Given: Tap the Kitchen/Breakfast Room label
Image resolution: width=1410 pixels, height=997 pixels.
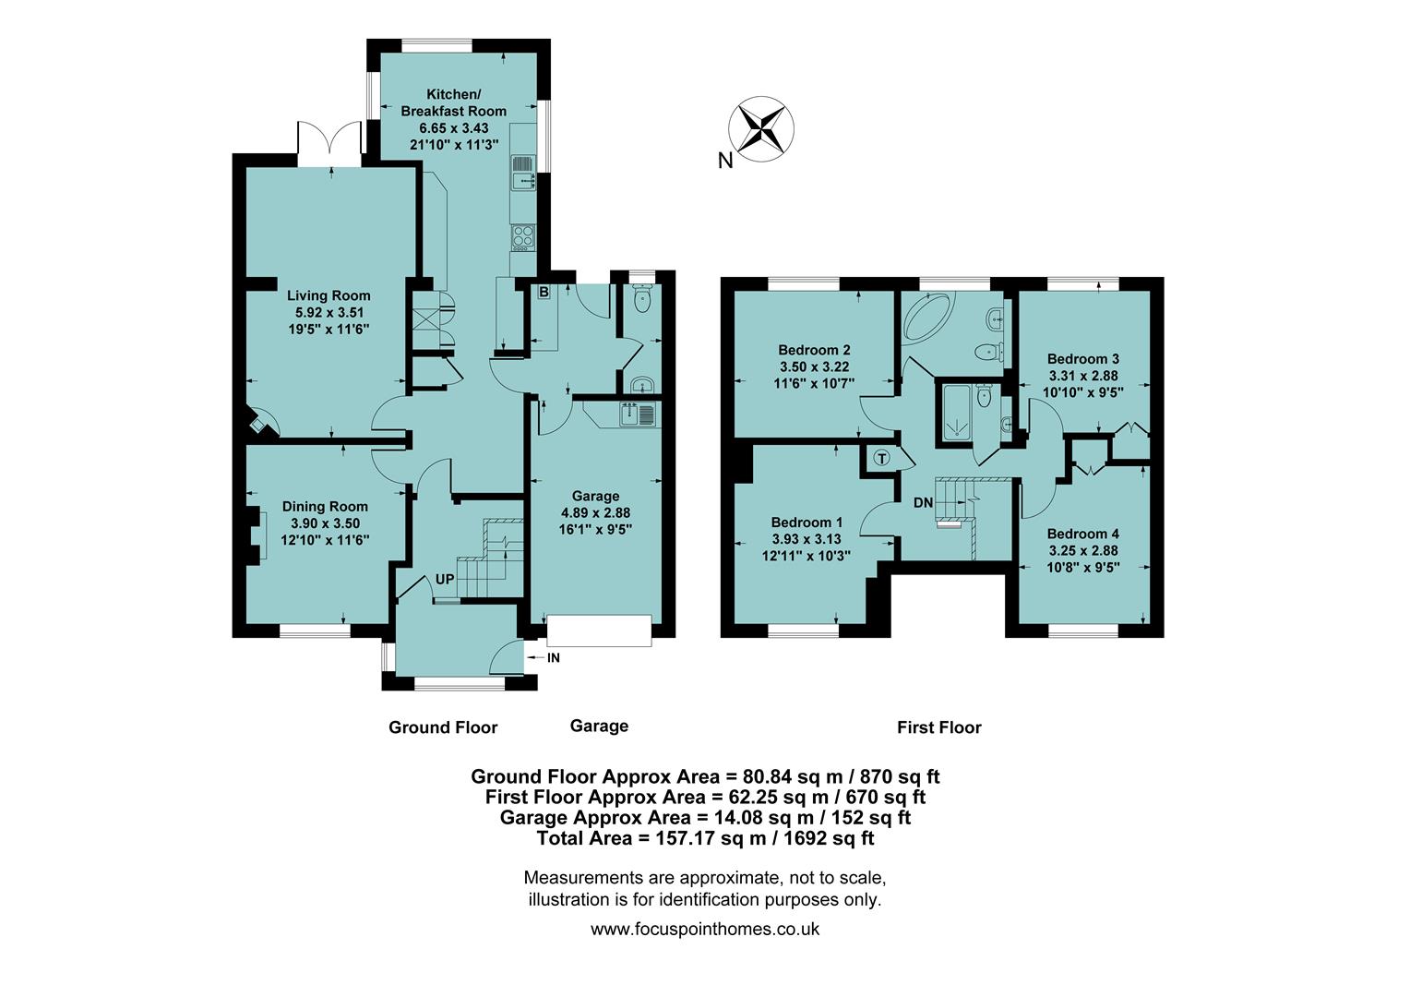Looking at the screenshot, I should click(x=453, y=102).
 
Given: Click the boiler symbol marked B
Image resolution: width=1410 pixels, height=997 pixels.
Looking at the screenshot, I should click(x=544, y=293).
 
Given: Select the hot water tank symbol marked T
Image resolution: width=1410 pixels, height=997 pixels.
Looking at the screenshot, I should click(x=881, y=459).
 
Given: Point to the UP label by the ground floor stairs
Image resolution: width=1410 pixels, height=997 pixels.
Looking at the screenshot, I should click(x=445, y=580).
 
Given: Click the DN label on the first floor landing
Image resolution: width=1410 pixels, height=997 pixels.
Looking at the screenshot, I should click(x=923, y=502).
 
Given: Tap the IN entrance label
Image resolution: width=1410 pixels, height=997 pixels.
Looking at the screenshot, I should click(x=554, y=658).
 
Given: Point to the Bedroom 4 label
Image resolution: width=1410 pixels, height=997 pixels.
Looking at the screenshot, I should click(x=1082, y=534).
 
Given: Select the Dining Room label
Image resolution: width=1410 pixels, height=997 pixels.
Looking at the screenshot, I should click(x=325, y=506).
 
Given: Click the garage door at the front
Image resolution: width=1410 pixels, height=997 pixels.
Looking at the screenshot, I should click(x=599, y=630).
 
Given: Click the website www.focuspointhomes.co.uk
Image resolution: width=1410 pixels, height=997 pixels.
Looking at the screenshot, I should click(x=705, y=930).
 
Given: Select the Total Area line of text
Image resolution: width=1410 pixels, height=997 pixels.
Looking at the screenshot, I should click(x=705, y=838).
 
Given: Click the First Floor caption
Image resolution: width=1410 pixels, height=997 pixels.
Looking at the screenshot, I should click(x=938, y=727).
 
